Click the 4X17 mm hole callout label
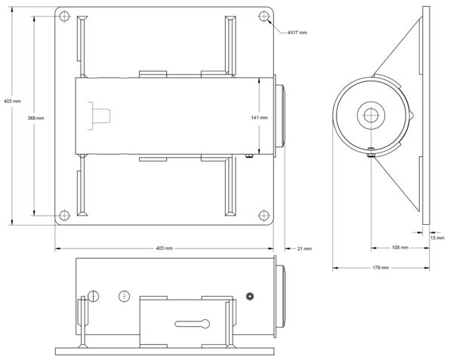point(297,32)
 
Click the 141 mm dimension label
point(259,118)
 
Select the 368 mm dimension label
point(35,118)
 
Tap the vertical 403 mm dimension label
point(12,101)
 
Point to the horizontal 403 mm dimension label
point(165,248)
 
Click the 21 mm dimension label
point(304,248)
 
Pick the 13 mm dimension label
point(437,238)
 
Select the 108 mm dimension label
point(400,248)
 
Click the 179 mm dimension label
point(381,268)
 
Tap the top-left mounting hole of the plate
point(64,16)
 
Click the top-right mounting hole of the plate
point(263,16)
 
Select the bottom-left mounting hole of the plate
point(64,215)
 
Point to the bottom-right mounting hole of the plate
point(263,215)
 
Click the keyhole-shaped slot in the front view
point(193,324)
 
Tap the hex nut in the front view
point(250,296)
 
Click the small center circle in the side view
point(371,115)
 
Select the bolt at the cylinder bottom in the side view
point(371,152)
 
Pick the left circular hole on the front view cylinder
point(94,296)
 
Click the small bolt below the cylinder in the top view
point(249,156)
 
